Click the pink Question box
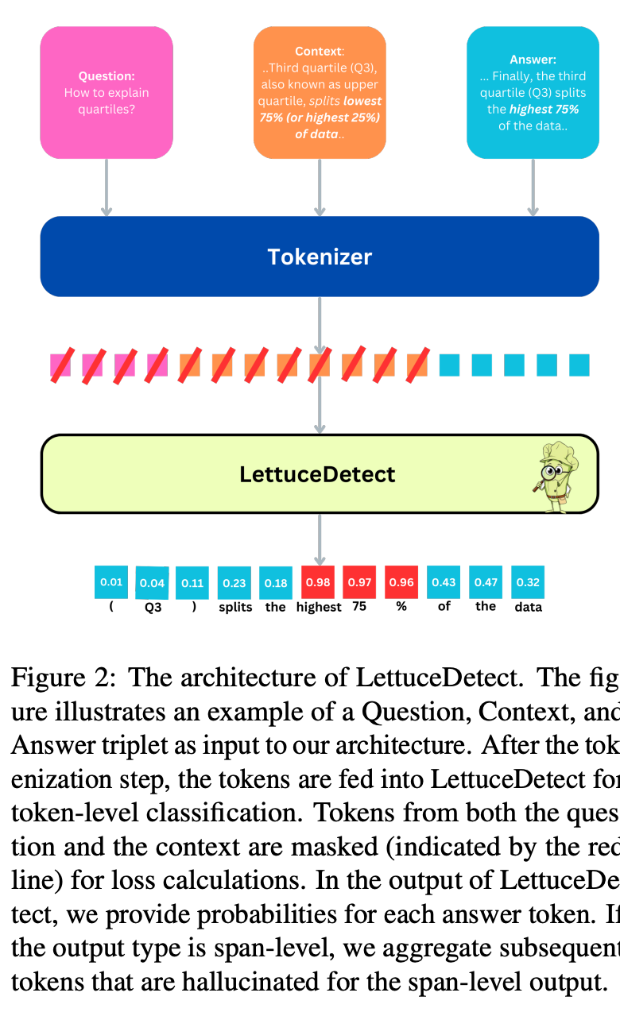coord(107,92)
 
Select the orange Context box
coord(320,92)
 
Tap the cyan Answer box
coord(533,92)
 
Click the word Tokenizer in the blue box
coord(320,257)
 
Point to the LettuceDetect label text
coord(317,474)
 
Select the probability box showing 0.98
coord(318,582)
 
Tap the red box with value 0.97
coord(359,582)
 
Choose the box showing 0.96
coord(401,582)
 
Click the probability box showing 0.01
coord(111,582)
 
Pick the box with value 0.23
coord(234,582)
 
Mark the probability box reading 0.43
coord(444,582)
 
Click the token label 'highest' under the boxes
coord(318,608)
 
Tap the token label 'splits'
coord(235,608)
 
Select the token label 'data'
coord(528,608)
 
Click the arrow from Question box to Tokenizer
coord(107,187)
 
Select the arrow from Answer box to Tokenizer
coord(533,187)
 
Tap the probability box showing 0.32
coord(528,582)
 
